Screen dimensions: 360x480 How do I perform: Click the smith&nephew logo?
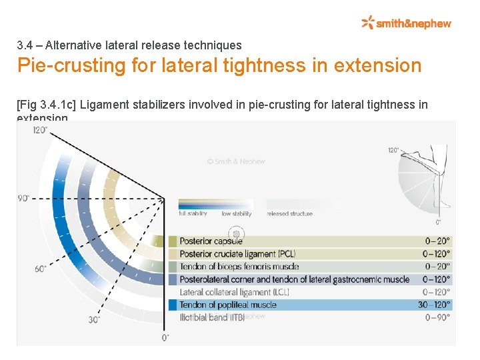pyautogui.click(x=406, y=23)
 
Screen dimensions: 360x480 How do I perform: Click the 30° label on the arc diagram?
pyautogui.click(x=95, y=320)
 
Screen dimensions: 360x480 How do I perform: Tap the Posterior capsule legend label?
pyautogui.click(x=211, y=241)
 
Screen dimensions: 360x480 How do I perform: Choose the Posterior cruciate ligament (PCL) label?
pyautogui.click(x=237, y=254)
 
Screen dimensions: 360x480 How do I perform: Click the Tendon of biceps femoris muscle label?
pyautogui.click(x=239, y=267)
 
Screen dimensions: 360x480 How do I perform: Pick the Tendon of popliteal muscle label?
pyautogui.click(x=227, y=305)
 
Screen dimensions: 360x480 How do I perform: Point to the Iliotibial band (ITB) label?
pyautogui.click(x=213, y=317)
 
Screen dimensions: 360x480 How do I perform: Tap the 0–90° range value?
pyautogui.click(x=437, y=317)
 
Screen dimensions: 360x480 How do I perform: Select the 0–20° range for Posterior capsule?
pyautogui.click(x=437, y=241)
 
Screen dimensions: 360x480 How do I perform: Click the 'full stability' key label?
pyautogui.click(x=193, y=214)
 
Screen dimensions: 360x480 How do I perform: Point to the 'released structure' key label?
pyautogui.click(x=289, y=214)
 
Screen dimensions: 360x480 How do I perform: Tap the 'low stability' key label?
pyautogui.click(x=237, y=214)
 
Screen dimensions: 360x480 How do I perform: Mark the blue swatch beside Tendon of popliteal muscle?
pyautogui.click(x=173, y=305)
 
